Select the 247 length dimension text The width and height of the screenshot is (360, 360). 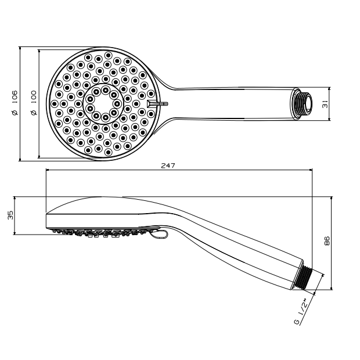(x=168, y=165)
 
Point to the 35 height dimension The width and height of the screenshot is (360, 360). (x=10, y=215)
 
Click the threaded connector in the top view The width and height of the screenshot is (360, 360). (x=301, y=104)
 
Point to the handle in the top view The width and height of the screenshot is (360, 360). (x=232, y=104)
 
